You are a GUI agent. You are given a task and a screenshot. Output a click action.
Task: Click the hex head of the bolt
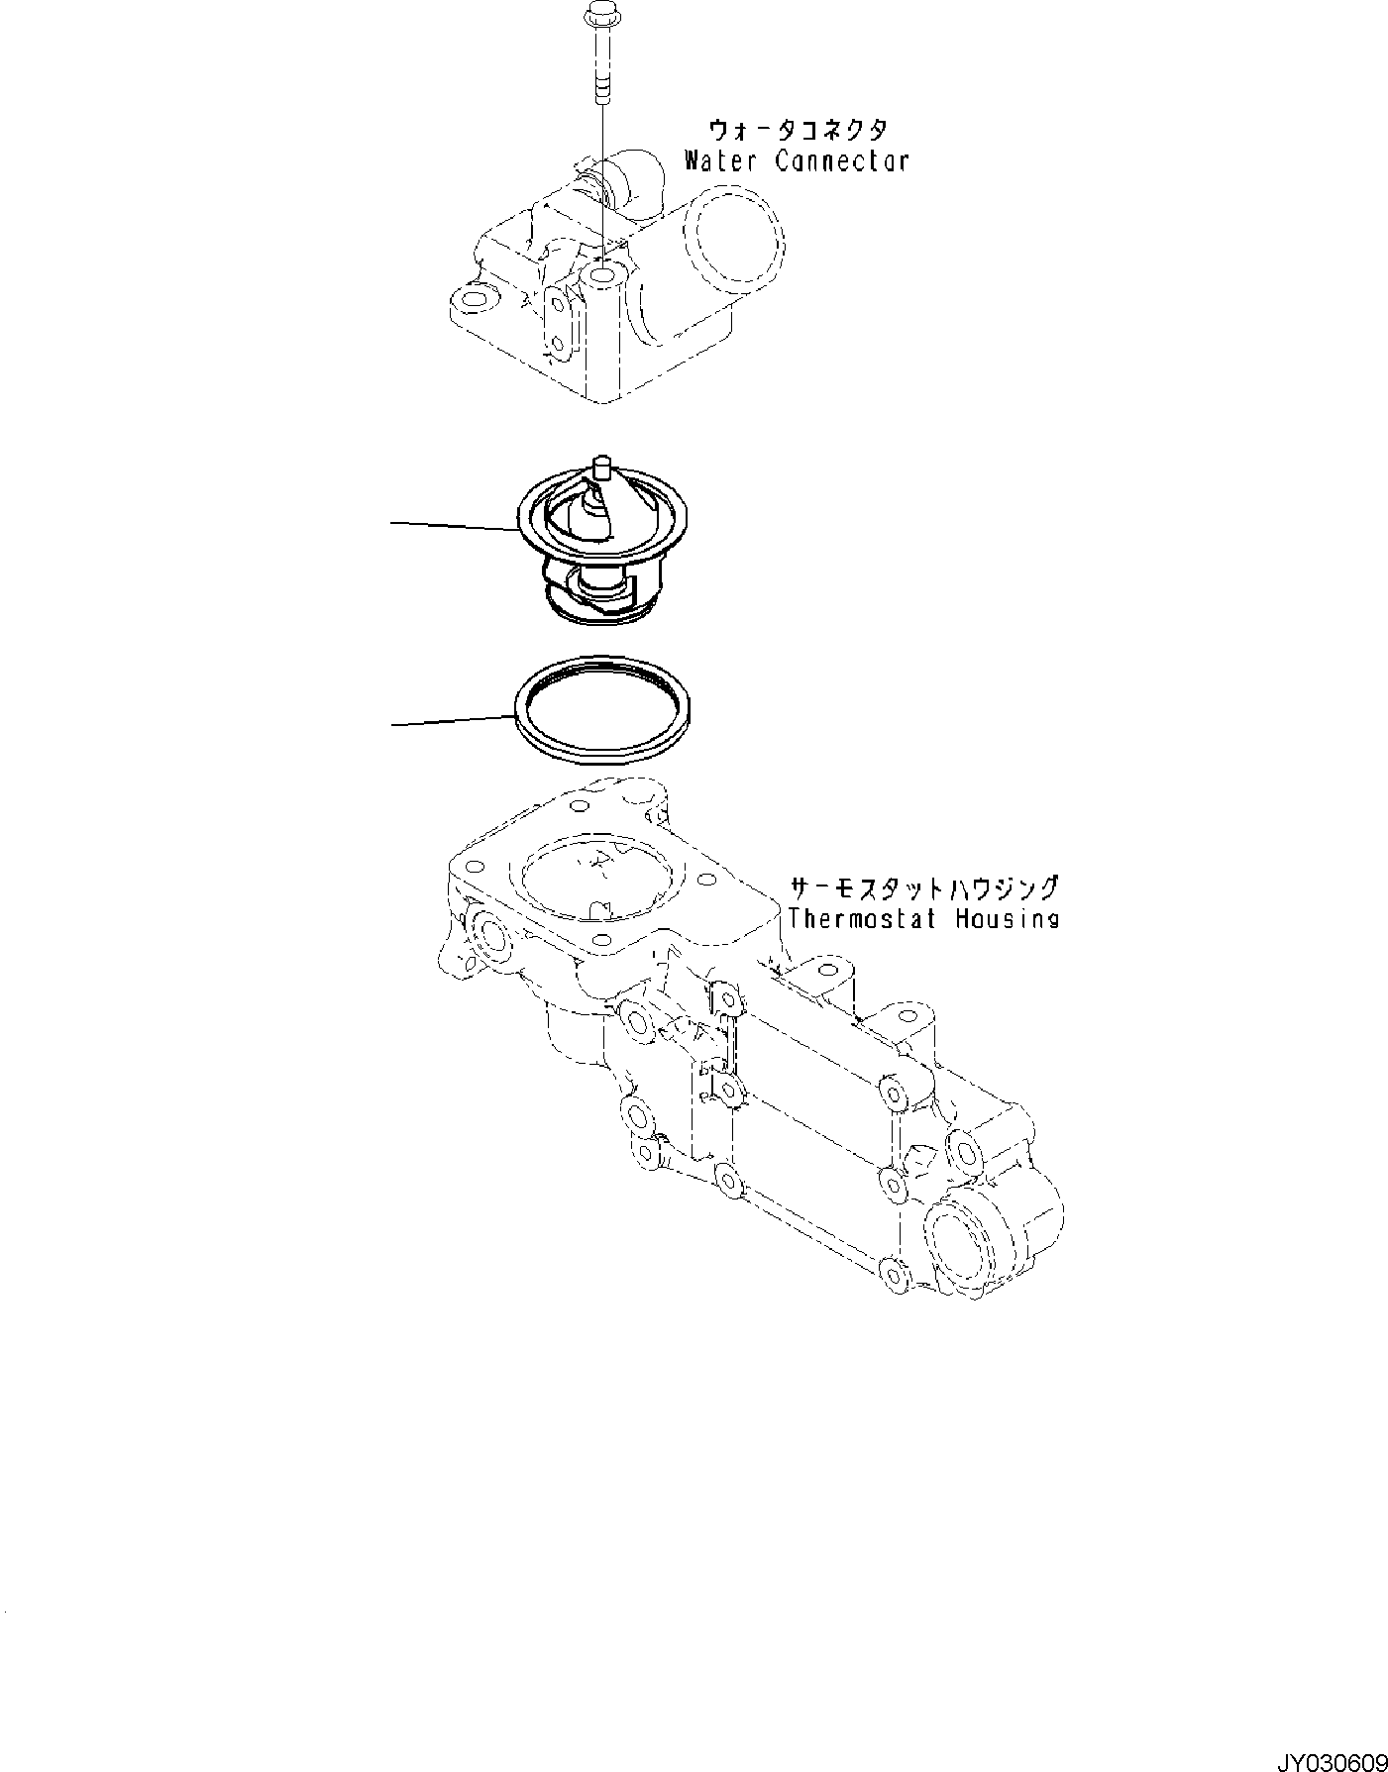[599, 16]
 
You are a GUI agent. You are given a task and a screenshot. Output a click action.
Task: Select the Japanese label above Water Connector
[798, 130]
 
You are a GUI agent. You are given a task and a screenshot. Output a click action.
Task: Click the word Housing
[1007, 918]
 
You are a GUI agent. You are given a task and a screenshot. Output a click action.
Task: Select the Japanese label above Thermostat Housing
[923, 886]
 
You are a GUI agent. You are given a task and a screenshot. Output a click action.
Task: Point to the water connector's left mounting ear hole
[474, 299]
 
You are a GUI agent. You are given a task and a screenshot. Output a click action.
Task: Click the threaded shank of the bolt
[600, 69]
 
